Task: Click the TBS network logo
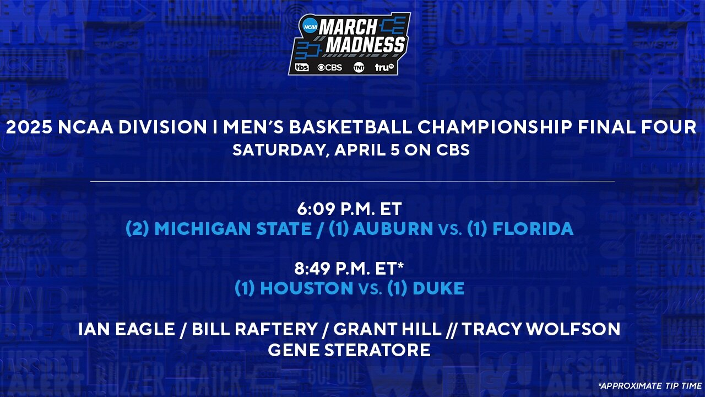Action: (x=302, y=67)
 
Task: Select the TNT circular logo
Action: (x=359, y=67)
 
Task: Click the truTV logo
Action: (x=384, y=67)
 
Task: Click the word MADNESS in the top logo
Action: (x=365, y=45)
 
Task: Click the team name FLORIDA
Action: (x=533, y=229)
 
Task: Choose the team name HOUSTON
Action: (x=307, y=288)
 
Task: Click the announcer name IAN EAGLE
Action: (x=127, y=330)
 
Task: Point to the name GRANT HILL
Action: (x=388, y=330)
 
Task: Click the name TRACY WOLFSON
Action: (x=541, y=330)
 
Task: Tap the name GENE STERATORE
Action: (x=349, y=350)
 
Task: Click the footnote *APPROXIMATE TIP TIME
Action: (x=649, y=385)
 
